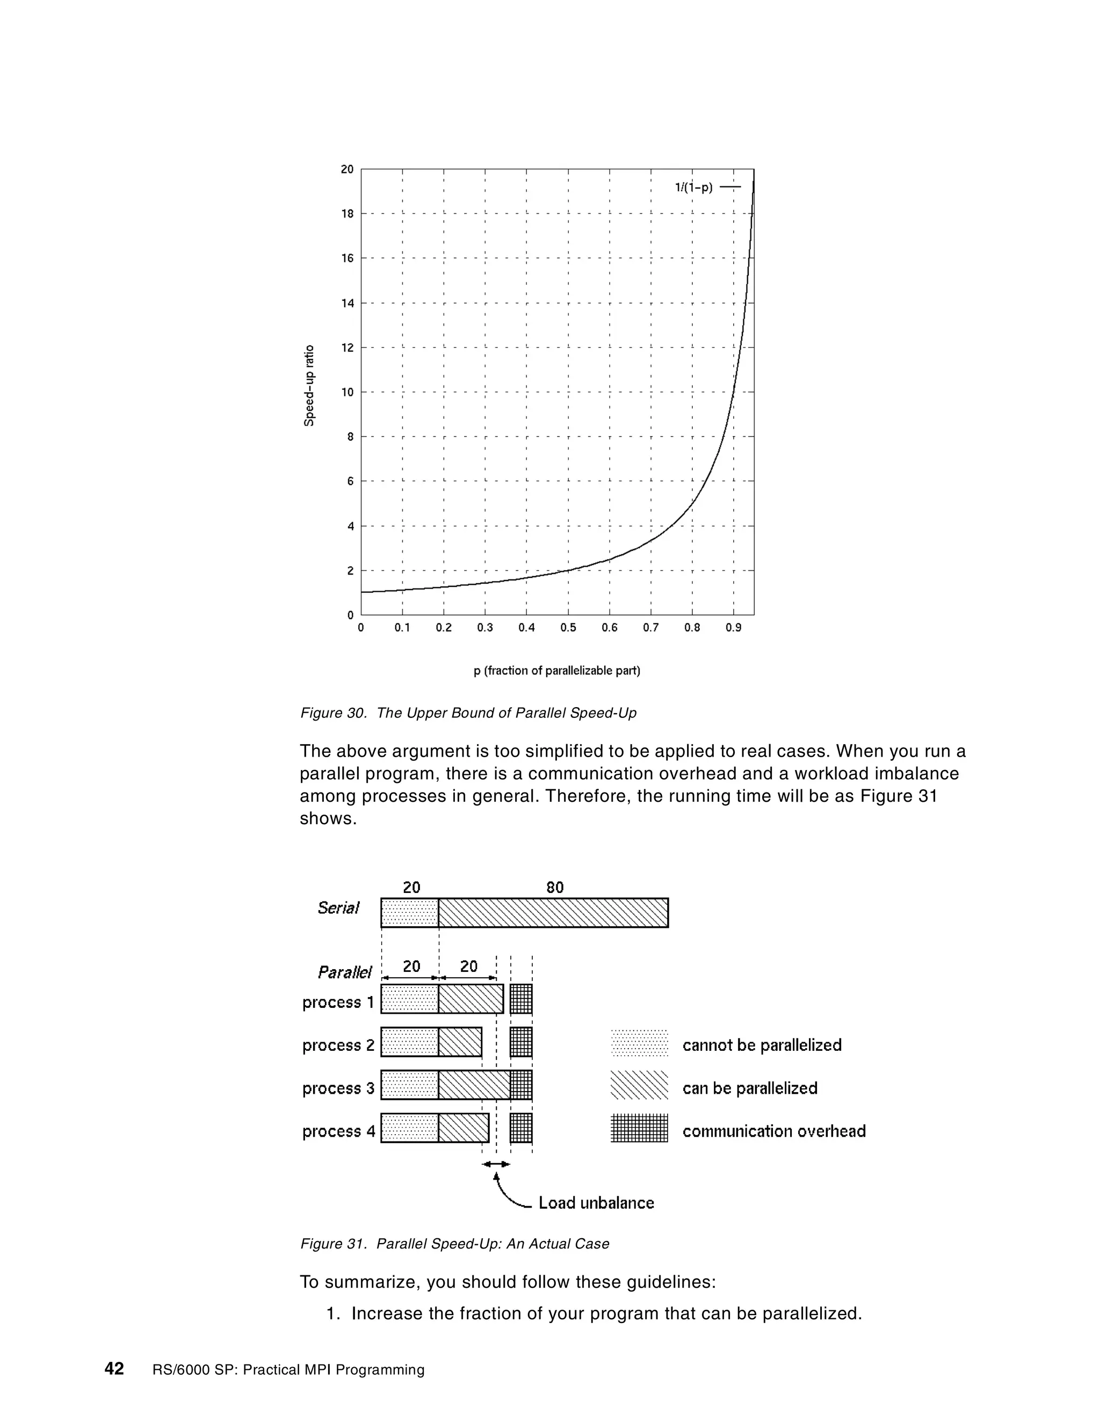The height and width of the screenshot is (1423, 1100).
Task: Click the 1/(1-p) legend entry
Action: point(706,187)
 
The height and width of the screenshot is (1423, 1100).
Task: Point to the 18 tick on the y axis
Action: point(348,214)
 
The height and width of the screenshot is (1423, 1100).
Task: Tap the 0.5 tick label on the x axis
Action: point(568,628)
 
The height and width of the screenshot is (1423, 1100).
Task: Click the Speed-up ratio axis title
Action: point(309,386)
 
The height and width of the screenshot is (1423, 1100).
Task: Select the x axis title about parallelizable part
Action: point(556,671)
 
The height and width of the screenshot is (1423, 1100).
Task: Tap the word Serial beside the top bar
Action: point(338,908)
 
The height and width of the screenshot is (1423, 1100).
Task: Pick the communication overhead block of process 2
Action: point(520,1042)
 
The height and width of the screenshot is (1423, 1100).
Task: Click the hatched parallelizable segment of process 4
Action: point(464,1128)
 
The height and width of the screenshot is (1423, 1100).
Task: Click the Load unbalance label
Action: point(596,1203)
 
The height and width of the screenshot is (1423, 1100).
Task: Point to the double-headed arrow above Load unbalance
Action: point(496,1164)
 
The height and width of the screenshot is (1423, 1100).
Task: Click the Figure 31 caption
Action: point(454,1244)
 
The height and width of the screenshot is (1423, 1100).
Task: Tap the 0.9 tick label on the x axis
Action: point(733,628)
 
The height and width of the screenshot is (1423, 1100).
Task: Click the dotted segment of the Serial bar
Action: point(409,913)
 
